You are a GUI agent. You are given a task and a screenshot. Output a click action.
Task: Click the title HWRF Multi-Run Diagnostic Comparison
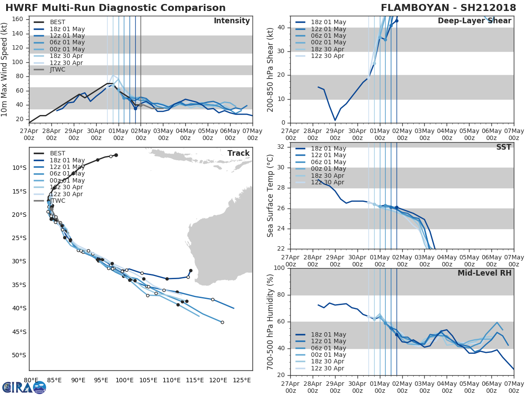click(x=116, y=8)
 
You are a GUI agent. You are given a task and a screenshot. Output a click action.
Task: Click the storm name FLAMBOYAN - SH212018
click(x=448, y=8)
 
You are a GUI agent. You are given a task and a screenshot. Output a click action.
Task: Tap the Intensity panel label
click(x=231, y=21)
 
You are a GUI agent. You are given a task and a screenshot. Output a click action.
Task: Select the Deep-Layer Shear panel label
click(x=474, y=21)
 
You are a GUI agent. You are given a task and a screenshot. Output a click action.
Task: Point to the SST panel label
click(x=504, y=147)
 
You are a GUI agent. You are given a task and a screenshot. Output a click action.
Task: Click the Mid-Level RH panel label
click(x=484, y=273)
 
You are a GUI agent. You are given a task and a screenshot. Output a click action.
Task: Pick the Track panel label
click(x=238, y=153)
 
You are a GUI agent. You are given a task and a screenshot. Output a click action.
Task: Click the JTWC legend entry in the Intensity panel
click(x=58, y=70)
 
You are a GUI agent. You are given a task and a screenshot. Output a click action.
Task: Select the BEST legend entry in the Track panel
click(x=58, y=154)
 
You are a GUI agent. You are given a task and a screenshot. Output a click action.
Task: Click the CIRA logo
click(x=24, y=387)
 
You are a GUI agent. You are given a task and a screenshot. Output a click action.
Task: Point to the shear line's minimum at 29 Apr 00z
click(x=335, y=120)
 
